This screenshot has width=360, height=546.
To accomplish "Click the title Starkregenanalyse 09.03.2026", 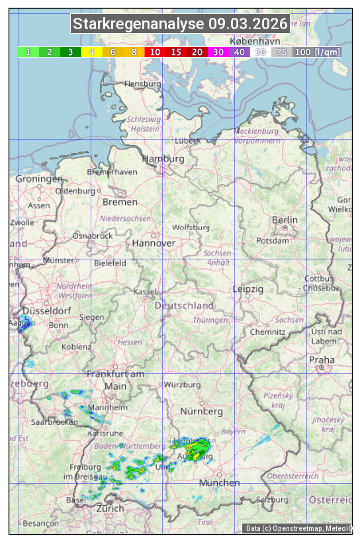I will pos(180,24).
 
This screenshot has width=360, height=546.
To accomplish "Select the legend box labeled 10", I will pos(155,52).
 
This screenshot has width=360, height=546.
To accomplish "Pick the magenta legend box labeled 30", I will pos(218,52).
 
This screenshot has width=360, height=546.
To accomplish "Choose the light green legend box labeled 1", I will pos(28,52).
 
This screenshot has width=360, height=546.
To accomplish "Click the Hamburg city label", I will pos(163,159).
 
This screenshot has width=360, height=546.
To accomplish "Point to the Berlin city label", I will pos(285,220).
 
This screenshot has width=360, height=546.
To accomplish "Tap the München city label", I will pos(219,483).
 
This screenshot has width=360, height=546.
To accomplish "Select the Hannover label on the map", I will pos(154,244).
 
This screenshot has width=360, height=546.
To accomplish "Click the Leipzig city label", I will pos(248,289).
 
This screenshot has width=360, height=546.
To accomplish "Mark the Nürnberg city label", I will pos(201,412).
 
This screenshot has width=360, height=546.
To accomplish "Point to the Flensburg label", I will pos(142,85).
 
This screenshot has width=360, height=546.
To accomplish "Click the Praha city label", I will pos(322,360).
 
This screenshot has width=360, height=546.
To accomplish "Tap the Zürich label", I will pos(110,508).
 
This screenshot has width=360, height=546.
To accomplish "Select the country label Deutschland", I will pos(184,306).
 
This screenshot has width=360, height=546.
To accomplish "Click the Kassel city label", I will pos(144,292).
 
